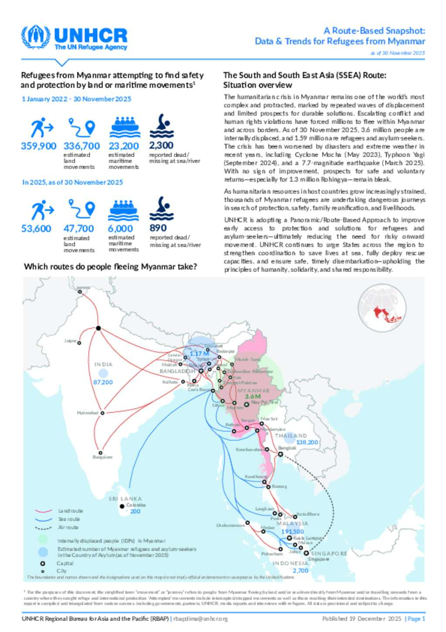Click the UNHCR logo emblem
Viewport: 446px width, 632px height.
pyautogui.click(x=36, y=38)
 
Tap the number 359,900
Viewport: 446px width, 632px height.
pyautogui.click(x=38, y=146)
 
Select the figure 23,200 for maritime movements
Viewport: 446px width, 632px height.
pyautogui.click(x=124, y=146)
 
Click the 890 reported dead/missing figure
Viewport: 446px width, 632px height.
pyautogui.click(x=158, y=228)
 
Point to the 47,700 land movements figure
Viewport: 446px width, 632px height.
pyautogui.click(x=78, y=229)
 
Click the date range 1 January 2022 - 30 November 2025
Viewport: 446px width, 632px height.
pyautogui.click(x=77, y=99)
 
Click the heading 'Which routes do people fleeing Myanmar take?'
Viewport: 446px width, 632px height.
pyautogui.click(x=110, y=266)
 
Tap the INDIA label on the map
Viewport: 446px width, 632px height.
pyautogui.click(x=103, y=364)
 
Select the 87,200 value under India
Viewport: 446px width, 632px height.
pyautogui.click(x=103, y=382)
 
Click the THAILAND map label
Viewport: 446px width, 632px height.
pyautogui.click(x=291, y=436)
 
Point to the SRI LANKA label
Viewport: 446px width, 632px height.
pyautogui.click(x=125, y=499)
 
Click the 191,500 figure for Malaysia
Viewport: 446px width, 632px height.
pyautogui.click(x=292, y=531)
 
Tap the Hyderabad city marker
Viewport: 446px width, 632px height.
pyautogui.click(x=102, y=413)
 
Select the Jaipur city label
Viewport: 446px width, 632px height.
pyautogui.click(x=70, y=341)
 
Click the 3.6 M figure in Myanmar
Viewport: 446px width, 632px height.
pyautogui.click(x=253, y=396)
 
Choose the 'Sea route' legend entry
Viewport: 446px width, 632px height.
pyautogui.click(x=69, y=519)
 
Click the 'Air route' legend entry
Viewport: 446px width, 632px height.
pyautogui.click(x=68, y=527)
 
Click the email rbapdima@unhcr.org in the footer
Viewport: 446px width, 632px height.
pyautogui.click(x=200, y=618)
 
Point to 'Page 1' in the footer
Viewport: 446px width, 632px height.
pyautogui.click(x=416, y=618)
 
